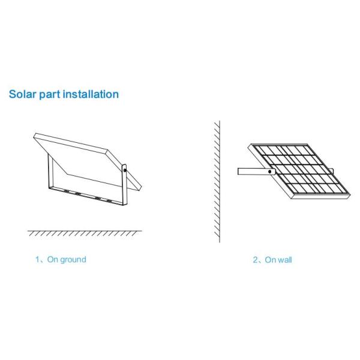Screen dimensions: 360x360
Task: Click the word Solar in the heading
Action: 22,94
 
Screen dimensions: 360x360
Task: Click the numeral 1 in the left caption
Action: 37,260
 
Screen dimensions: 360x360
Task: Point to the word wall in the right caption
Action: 286,260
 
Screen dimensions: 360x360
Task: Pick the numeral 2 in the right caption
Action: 254,260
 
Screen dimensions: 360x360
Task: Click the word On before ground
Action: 53,260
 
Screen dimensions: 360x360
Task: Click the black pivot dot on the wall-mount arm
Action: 270,171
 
